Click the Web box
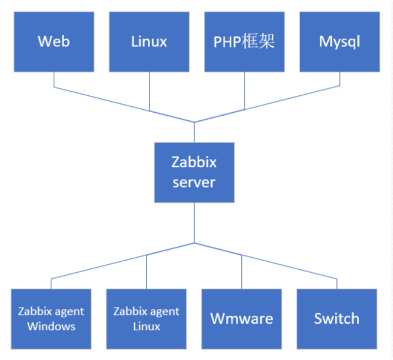(x=54, y=41)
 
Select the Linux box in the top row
(x=149, y=41)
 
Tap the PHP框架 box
(x=244, y=41)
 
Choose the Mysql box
(x=339, y=41)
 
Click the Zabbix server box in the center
(x=194, y=172)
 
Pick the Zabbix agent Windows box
(x=51, y=319)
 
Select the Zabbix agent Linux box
(x=146, y=319)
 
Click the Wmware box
(x=241, y=319)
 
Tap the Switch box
(x=336, y=319)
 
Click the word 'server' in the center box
(x=194, y=182)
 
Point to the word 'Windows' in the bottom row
(x=51, y=326)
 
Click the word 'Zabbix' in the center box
(x=194, y=162)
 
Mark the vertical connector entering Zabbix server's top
(x=194, y=133)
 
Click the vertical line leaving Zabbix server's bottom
(x=194, y=222)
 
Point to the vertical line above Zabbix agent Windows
(x=51, y=284)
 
